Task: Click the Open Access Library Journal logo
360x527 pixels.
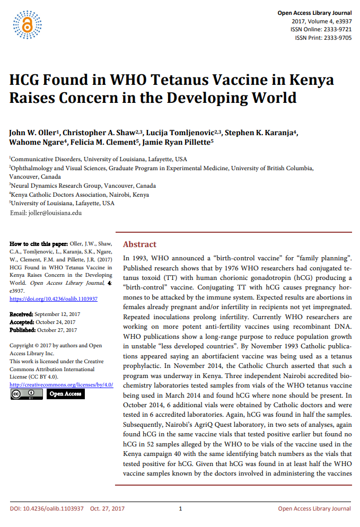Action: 27,24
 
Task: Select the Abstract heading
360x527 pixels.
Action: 139,244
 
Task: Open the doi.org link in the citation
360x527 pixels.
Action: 54,299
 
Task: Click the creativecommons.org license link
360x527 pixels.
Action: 62,384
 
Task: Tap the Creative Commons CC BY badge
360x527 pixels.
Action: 26,394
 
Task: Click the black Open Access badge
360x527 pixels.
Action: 65,394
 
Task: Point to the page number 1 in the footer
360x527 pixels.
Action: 180,509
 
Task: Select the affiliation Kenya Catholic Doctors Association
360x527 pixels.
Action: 80,195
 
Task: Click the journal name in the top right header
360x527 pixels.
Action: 314,13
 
